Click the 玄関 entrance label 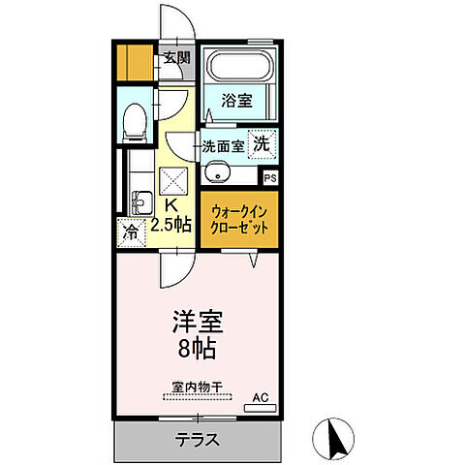pos(176,58)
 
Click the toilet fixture pos(134,121)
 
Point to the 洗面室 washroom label pos(223,147)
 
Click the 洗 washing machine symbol pos(262,143)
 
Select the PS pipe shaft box pos(270,177)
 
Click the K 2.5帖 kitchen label pos(170,215)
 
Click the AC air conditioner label pos(260,397)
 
